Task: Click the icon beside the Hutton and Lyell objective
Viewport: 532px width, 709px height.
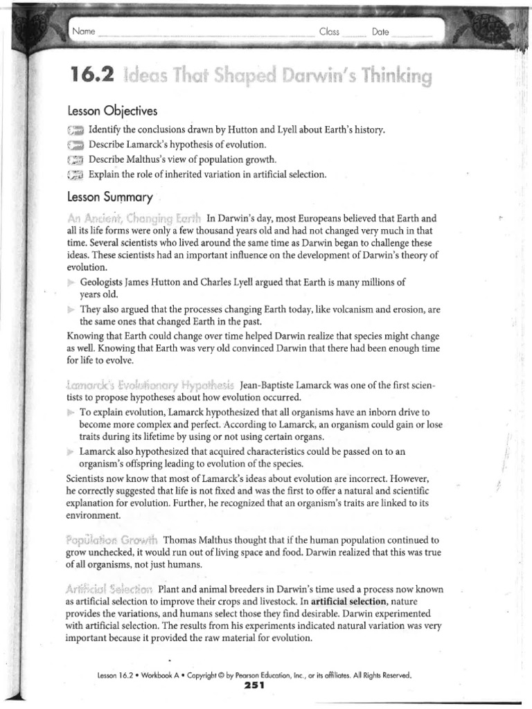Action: point(76,131)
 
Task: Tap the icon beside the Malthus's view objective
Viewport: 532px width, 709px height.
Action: point(76,160)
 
